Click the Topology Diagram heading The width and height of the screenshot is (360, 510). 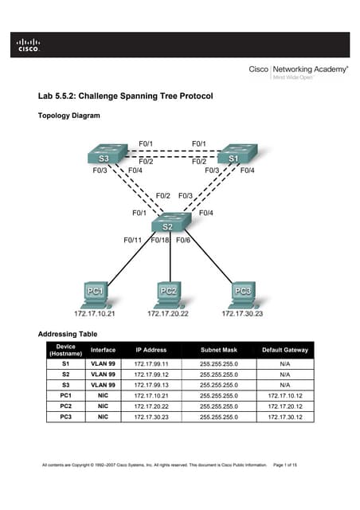(69, 116)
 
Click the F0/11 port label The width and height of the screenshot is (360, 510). (132, 240)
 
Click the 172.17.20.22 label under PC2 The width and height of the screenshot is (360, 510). (169, 314)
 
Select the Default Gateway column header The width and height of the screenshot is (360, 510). (284, 349)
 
